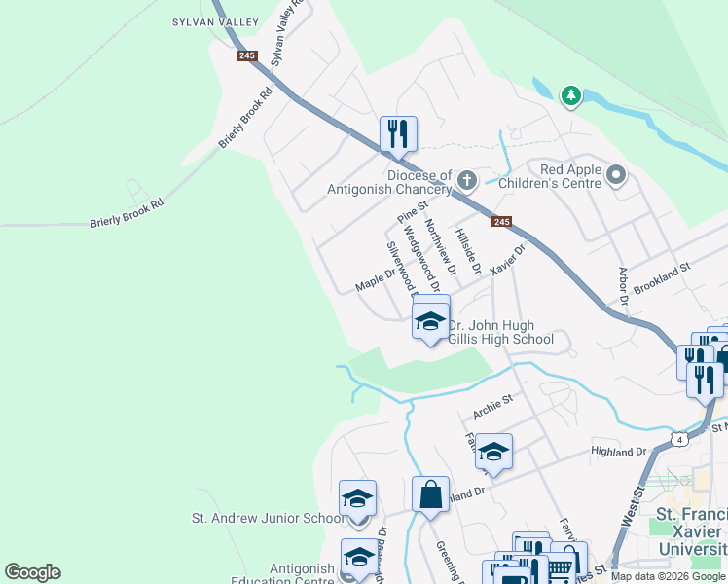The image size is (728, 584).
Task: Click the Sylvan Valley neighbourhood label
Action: (215, 21)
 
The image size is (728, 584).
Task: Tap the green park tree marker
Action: (570, 95)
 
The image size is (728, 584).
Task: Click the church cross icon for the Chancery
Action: (467, 179)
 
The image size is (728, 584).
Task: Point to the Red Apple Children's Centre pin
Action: (615, 175)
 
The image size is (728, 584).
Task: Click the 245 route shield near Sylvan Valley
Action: (246, 55)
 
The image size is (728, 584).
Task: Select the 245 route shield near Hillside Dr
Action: (501, 222)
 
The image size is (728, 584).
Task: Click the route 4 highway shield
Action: (680, 439)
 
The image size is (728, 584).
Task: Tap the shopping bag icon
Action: (430, 494)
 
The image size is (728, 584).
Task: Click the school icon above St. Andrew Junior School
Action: (357, 498)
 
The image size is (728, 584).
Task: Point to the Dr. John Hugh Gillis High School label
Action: (500, 333)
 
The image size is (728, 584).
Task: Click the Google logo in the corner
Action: (32, 572)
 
